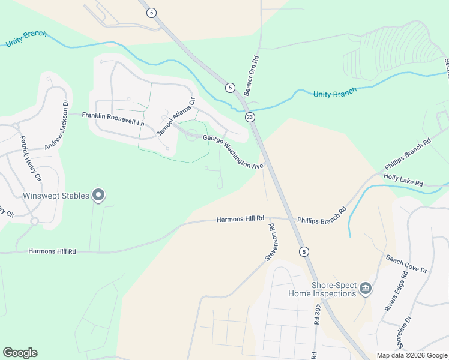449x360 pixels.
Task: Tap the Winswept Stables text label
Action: pos(55,196)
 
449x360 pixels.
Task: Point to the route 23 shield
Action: pos(250,117)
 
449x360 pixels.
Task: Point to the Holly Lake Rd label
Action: pos(403,181)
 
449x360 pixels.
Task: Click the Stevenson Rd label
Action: pos(270,242)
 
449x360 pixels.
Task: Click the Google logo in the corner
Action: pos(20,353)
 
